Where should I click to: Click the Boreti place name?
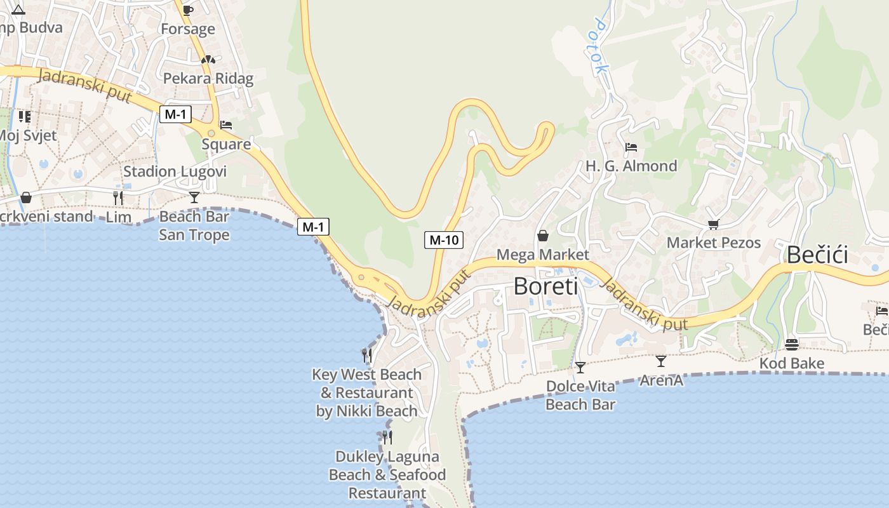545,286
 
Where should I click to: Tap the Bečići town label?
817,255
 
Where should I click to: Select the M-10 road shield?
444,240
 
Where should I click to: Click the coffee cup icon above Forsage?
187,10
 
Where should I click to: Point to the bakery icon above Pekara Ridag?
208,60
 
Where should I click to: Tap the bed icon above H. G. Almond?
631,147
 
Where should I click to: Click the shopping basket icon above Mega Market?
543,236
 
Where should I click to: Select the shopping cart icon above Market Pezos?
714,224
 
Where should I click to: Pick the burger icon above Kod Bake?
792,345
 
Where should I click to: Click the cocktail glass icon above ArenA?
661,361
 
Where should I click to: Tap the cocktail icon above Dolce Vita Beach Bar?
580,368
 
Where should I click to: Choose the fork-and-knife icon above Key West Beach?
367,355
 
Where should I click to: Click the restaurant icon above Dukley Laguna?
387,437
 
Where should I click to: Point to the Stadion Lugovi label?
175,171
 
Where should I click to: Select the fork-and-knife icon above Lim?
118,197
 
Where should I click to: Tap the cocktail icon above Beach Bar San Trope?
194,197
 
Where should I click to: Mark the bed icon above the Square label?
226,125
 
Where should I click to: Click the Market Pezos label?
714,243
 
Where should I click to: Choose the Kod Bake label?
792,363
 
